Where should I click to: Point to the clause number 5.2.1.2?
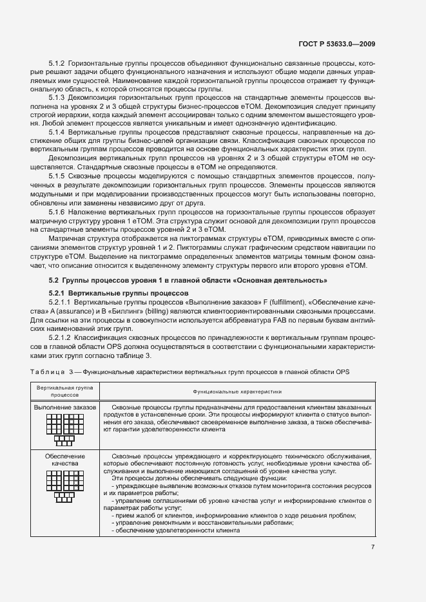pyautogui.click(x=61, y=337)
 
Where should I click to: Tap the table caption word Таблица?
pyautogui.click(x=48, y=372)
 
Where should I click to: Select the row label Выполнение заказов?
pyautogui.click(x=65, y=408)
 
